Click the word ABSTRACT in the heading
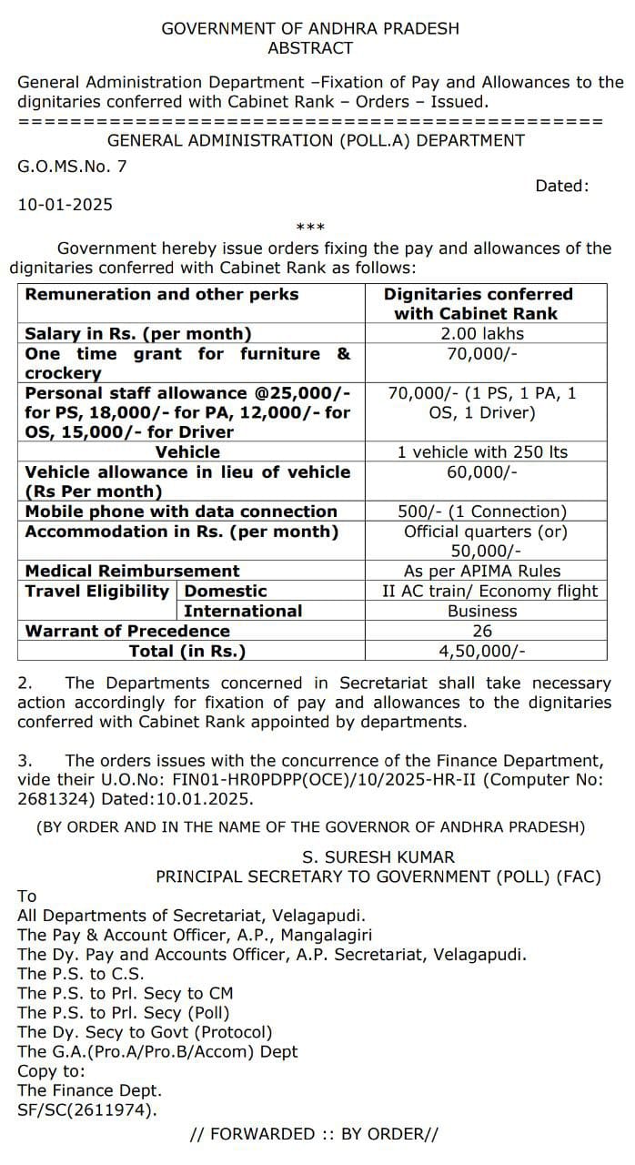coord(310,48)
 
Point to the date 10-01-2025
coord(66,205)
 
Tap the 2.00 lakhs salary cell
coord(482,334)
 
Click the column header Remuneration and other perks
coord(162,295)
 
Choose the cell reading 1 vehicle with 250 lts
coord(482,452)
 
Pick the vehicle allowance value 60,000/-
coord(482,471)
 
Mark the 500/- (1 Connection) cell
coord(482,512)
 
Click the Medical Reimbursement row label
coord(133,572)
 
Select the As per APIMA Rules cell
coord(482,572)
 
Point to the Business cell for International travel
coord(482,612)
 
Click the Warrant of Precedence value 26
coord(482,631)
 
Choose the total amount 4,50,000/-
coord(482,651)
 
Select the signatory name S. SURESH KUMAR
coord(378,857)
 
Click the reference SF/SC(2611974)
coord(87,1109)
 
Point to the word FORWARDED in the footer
coord(263,1134)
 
